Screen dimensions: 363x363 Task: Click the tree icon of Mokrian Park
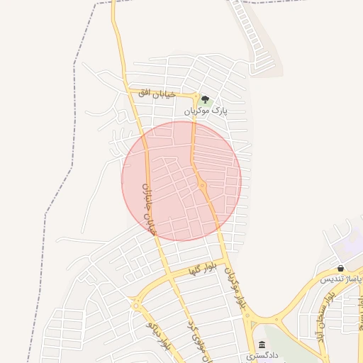click(x=205, y=100)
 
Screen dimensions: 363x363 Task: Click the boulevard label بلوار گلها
click(x=201, y=268)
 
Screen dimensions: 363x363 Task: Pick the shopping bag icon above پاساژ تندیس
click(x=341, y=269)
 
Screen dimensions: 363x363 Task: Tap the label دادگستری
click(x=263, y=354)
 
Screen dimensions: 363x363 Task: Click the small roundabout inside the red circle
click(x=202, y=186)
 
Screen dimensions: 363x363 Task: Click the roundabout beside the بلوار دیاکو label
click(x=135, y=304)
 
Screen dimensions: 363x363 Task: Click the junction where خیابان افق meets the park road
click(x=195, y=94)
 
